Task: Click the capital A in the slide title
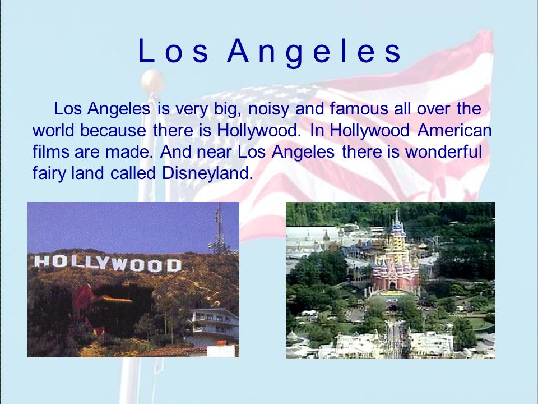click(238, 51)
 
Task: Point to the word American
click(454, 130)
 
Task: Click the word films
click(50, 151)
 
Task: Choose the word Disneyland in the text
click(207, 174)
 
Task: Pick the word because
click(113, 130)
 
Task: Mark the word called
click(133, 173)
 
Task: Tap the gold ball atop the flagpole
click(152, 81)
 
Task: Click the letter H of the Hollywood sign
click(41, 261)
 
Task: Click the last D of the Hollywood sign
click(174, 265)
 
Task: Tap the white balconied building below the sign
click(213, 325)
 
